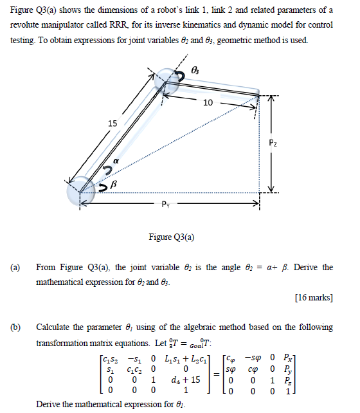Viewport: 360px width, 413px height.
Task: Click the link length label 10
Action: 208,104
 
